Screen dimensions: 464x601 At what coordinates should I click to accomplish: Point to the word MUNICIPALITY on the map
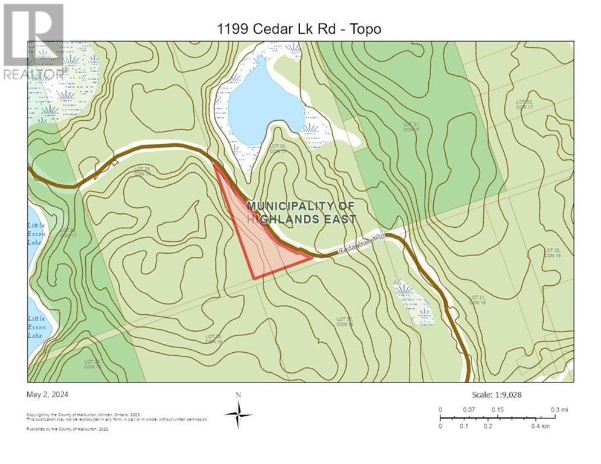click(301, 206)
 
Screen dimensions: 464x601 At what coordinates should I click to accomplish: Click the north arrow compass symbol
click(239, 414)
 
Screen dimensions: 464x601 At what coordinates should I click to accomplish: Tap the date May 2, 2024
click(48, 395)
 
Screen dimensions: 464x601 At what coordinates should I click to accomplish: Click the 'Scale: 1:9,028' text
click(497, 395)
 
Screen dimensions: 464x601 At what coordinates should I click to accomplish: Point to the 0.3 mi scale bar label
click(559, 410)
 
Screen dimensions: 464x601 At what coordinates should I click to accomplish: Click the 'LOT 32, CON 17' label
click(524, 105)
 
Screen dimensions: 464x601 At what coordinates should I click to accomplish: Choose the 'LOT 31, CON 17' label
click(411, 127)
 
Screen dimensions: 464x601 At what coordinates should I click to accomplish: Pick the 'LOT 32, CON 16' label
click(553, 253)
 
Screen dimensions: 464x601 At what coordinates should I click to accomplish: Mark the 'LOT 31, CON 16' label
click(478, 299)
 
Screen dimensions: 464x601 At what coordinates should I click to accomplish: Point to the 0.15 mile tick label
click(497, 410)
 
